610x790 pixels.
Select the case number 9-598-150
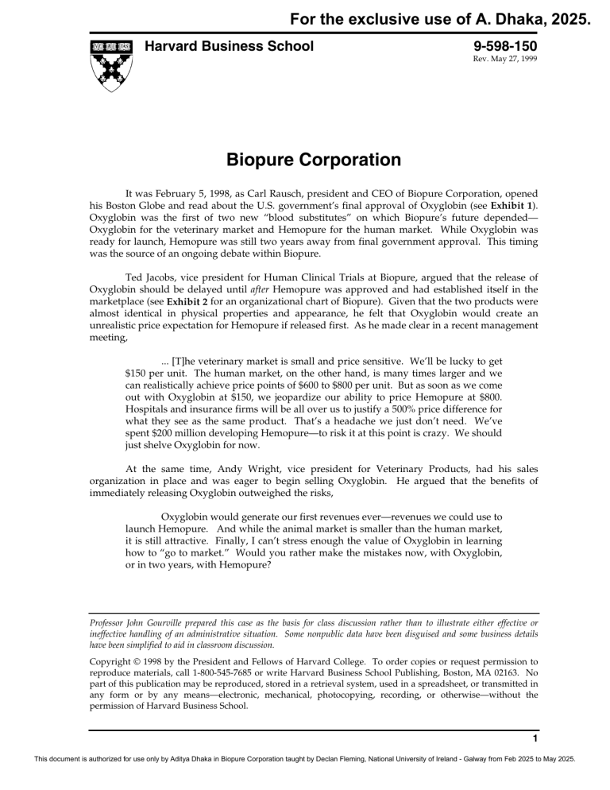(x=505, y=47)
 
